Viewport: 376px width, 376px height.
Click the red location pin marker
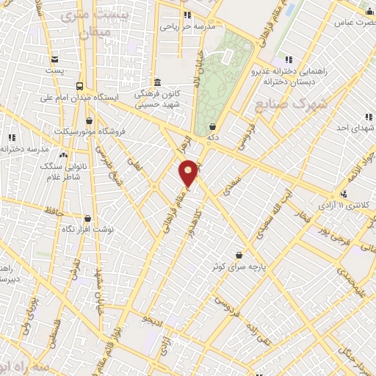pos(189,172)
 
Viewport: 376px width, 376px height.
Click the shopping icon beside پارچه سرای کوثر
pos(239,256)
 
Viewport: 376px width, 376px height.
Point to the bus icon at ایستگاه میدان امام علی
pos(79,84)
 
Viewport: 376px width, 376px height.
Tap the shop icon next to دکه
pos(213,126)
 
